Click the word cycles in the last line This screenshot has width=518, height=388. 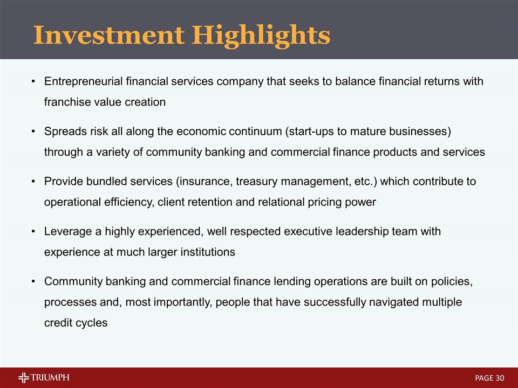[x=92, y=322]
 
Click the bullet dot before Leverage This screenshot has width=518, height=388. [x=33, y=232]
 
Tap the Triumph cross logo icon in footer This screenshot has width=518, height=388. [x=24, y=378]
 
